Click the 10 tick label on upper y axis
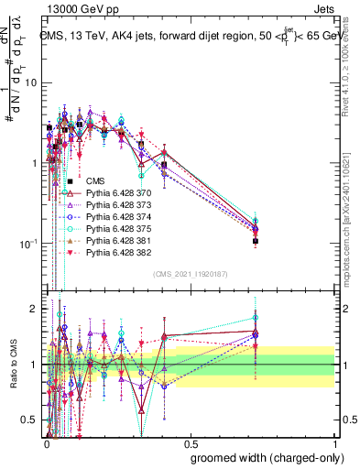click(30, 82)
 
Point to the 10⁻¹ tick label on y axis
click(27, 243)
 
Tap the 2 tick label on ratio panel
click(34, 309)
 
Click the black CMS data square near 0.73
click(256, 241)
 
